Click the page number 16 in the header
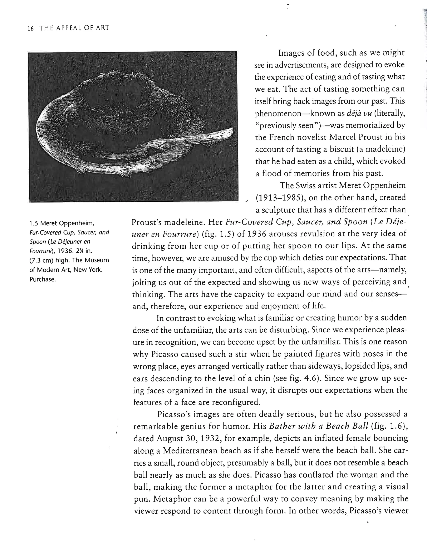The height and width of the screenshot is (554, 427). [30, 28]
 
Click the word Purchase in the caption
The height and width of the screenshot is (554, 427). [42, 279]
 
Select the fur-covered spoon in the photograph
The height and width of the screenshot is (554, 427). [193, 142]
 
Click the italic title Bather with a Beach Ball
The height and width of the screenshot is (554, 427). [318, 426]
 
